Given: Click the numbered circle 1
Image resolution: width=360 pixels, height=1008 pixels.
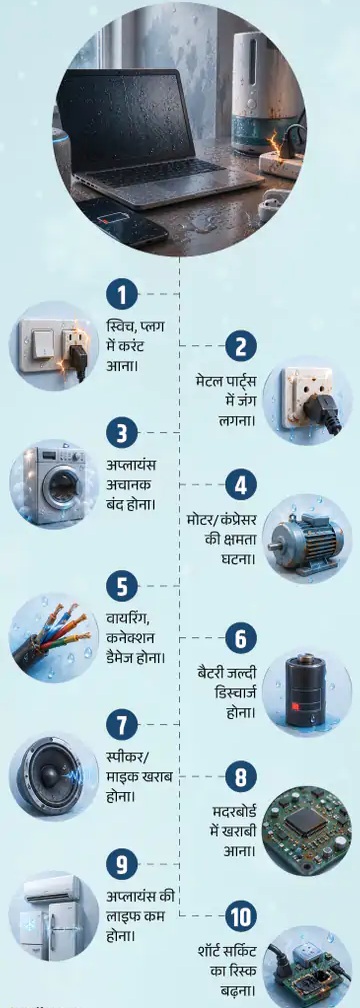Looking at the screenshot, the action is pyautogui.click(x=122, y=296).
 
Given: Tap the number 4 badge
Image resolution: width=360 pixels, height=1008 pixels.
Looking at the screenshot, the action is pyautogui.click(x=241, y=486).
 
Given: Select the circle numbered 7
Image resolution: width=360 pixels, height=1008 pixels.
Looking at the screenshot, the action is pyautogui.click(x=122, y=726).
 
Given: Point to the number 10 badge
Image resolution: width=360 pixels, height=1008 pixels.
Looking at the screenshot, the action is pyautogui.click(x=241, y=917).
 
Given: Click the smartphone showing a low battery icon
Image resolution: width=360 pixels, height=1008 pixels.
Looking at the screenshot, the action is pyautogui.click(x=123, y=220).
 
